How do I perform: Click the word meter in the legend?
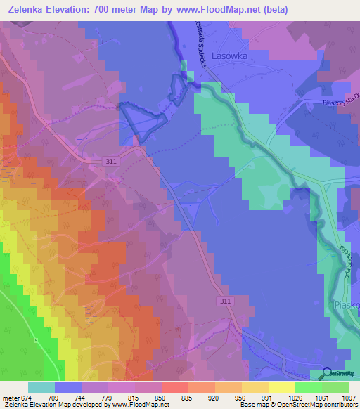click(x=9, y=397)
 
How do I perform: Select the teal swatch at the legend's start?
click(x=41, y=387)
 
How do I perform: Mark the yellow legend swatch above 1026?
click(x=281, y=387)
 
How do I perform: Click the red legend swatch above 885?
click(x=174, y=387)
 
